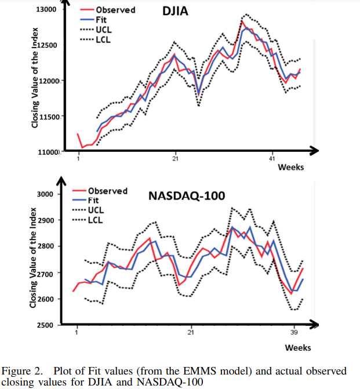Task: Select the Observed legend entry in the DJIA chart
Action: click(x=115, y=10)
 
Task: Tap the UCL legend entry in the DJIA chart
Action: click(x=103, y=29)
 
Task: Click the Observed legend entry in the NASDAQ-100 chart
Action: click(x=107, y=191)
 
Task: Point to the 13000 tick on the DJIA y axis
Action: click(x=46, y=10)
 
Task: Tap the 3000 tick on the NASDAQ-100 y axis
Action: click(x=45, y=194)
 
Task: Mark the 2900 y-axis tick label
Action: click(x=46, y=220)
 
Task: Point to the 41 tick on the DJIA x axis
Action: click(x=271, y=159)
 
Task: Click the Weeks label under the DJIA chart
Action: click(x=290, y=167)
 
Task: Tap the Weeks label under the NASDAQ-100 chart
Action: click(x=298, y=347)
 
